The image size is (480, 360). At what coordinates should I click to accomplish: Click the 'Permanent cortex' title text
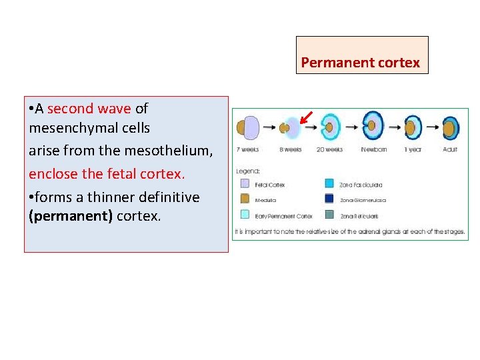click(x=361, y=63)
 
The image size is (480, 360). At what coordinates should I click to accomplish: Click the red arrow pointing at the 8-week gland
click(x=306, y=119)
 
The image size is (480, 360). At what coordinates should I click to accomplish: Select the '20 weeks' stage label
click(x=329, y=149)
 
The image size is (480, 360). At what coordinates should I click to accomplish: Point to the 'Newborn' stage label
click(x=373, y=149)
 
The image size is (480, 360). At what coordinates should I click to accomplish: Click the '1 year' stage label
click(x=413, y=149)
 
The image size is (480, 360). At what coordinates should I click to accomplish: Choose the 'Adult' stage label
click(x=451, y=149)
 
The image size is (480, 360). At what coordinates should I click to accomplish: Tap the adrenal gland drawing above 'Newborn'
click(x=373, y=125)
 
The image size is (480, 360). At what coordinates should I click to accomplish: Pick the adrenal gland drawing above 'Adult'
click(x=451, y=127)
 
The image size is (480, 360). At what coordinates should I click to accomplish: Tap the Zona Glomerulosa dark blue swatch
click(x=329, y=199)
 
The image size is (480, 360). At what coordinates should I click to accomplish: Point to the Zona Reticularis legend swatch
click(x=329, y=215)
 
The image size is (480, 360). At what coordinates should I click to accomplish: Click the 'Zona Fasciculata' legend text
click(x=361, y=185)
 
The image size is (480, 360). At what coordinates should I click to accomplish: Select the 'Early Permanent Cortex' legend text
click(x=283, y=216)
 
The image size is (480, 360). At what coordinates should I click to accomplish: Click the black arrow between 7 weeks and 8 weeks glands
click(x=271, y=126)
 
